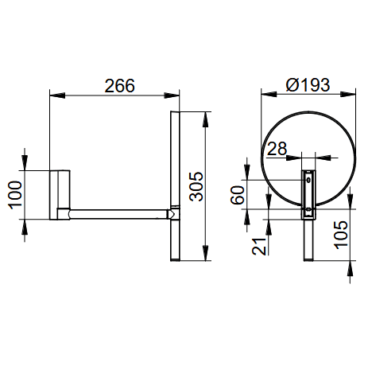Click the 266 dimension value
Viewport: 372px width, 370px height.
120,86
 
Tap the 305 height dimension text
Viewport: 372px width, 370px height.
196,186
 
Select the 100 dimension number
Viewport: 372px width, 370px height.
15,195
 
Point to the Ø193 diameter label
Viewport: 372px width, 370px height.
308,85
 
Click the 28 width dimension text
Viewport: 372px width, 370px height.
277,149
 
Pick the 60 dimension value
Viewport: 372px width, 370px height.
237,195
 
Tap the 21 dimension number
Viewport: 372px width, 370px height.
259,247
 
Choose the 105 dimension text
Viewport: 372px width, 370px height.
341,235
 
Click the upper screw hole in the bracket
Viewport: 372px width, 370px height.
308,180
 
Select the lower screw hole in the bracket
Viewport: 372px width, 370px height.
308,209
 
